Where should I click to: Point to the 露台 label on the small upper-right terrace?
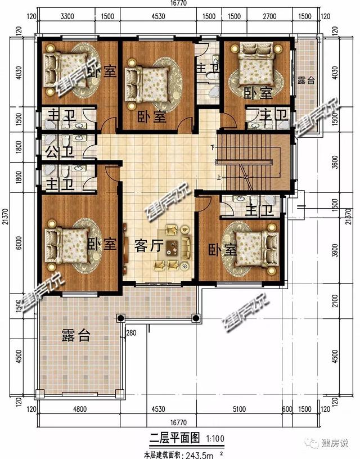pyautogui.click(x=306, y=80)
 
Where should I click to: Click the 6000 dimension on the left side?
pyautogui.click(x=19, y=243)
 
